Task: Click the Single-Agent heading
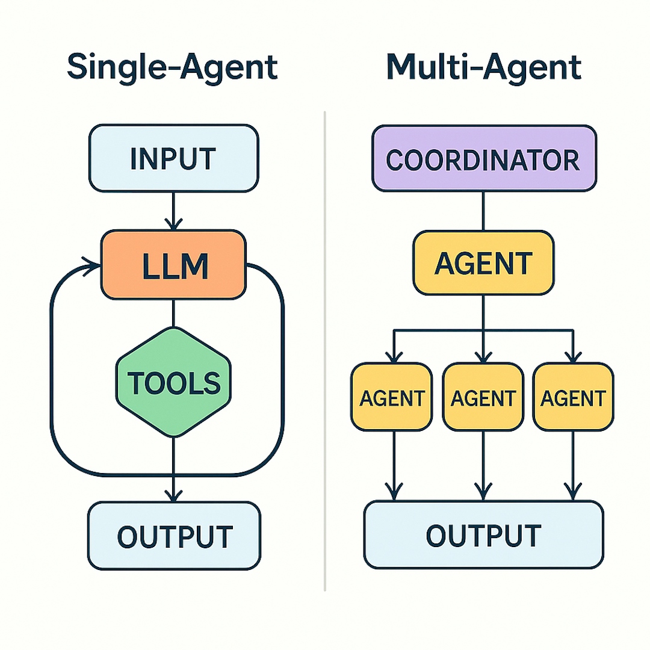(x=172, y=67)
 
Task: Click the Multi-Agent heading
(x=483, y=67)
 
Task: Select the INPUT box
(x=173, y=159)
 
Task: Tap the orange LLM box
(x=173, y=265)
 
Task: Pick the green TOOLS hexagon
(x=173, y=382)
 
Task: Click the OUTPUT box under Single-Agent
(x=174, y=536)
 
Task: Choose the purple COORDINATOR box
(x=484, y=159)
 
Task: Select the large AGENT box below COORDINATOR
(x=483, y=263)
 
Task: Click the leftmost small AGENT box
(x=392, y=397)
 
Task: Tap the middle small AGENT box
(x=483, y=397)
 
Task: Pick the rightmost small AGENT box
(x=573, y=397)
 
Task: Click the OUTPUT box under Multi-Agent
(x=483, y=534)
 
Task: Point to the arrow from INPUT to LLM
(x=173, y=211)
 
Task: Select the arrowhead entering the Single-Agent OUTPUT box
(x=173, y=495)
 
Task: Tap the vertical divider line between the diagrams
(x=325, y=349)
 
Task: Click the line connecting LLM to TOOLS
(x=173, y=313)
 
